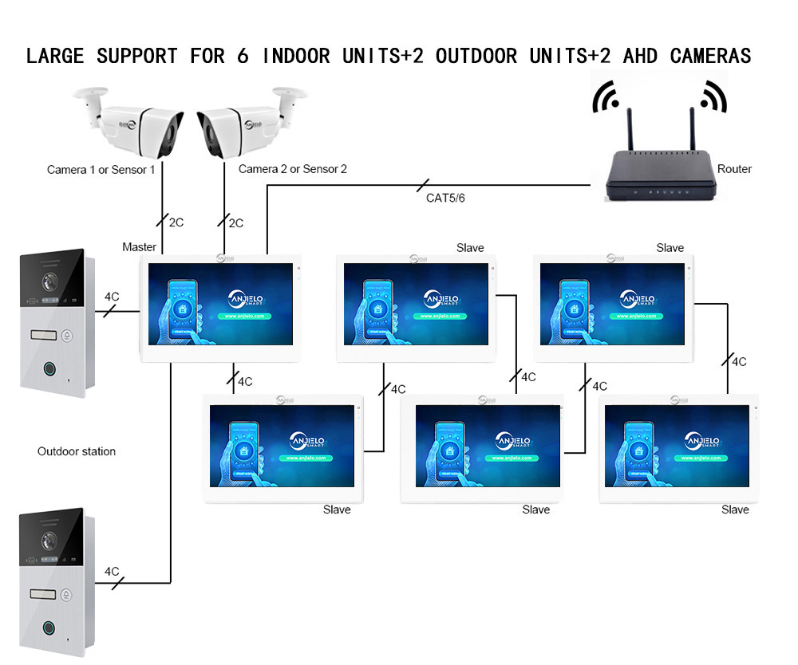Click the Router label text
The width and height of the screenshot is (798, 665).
click(734, 169)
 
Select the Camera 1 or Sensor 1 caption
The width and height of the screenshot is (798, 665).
click(101, 170)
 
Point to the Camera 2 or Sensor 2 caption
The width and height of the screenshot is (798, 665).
click(293, 169)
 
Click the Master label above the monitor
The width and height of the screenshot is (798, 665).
click(139, 247)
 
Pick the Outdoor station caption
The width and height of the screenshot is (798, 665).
click(77, 451)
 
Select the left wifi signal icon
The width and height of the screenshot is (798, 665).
click(606, 98)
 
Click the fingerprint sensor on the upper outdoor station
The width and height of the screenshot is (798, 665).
click(50, 371)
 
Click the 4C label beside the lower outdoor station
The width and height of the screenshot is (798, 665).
click(112, 572)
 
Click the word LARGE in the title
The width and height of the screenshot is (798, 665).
click(56, 57)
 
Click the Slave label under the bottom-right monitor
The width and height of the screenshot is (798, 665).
click(735, 510)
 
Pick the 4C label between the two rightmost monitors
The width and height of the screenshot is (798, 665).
click(739, 362)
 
